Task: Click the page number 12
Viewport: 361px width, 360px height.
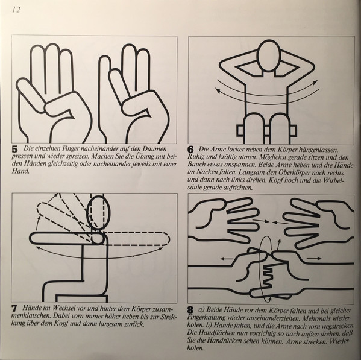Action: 16,10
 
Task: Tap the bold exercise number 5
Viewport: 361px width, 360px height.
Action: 14,150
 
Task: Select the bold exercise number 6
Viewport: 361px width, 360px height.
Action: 190,150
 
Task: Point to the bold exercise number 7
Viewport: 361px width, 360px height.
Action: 14,309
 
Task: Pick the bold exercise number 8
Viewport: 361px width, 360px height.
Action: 190,310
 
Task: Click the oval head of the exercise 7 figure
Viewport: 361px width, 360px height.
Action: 99,213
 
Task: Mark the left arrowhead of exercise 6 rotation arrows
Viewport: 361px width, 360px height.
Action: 217,90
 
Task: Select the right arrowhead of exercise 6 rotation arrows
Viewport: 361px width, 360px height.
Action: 316,83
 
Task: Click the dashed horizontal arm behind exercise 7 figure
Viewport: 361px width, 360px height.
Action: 137,238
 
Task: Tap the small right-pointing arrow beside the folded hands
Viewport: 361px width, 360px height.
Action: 316,259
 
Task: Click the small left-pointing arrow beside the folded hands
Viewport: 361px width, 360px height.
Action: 227,259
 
